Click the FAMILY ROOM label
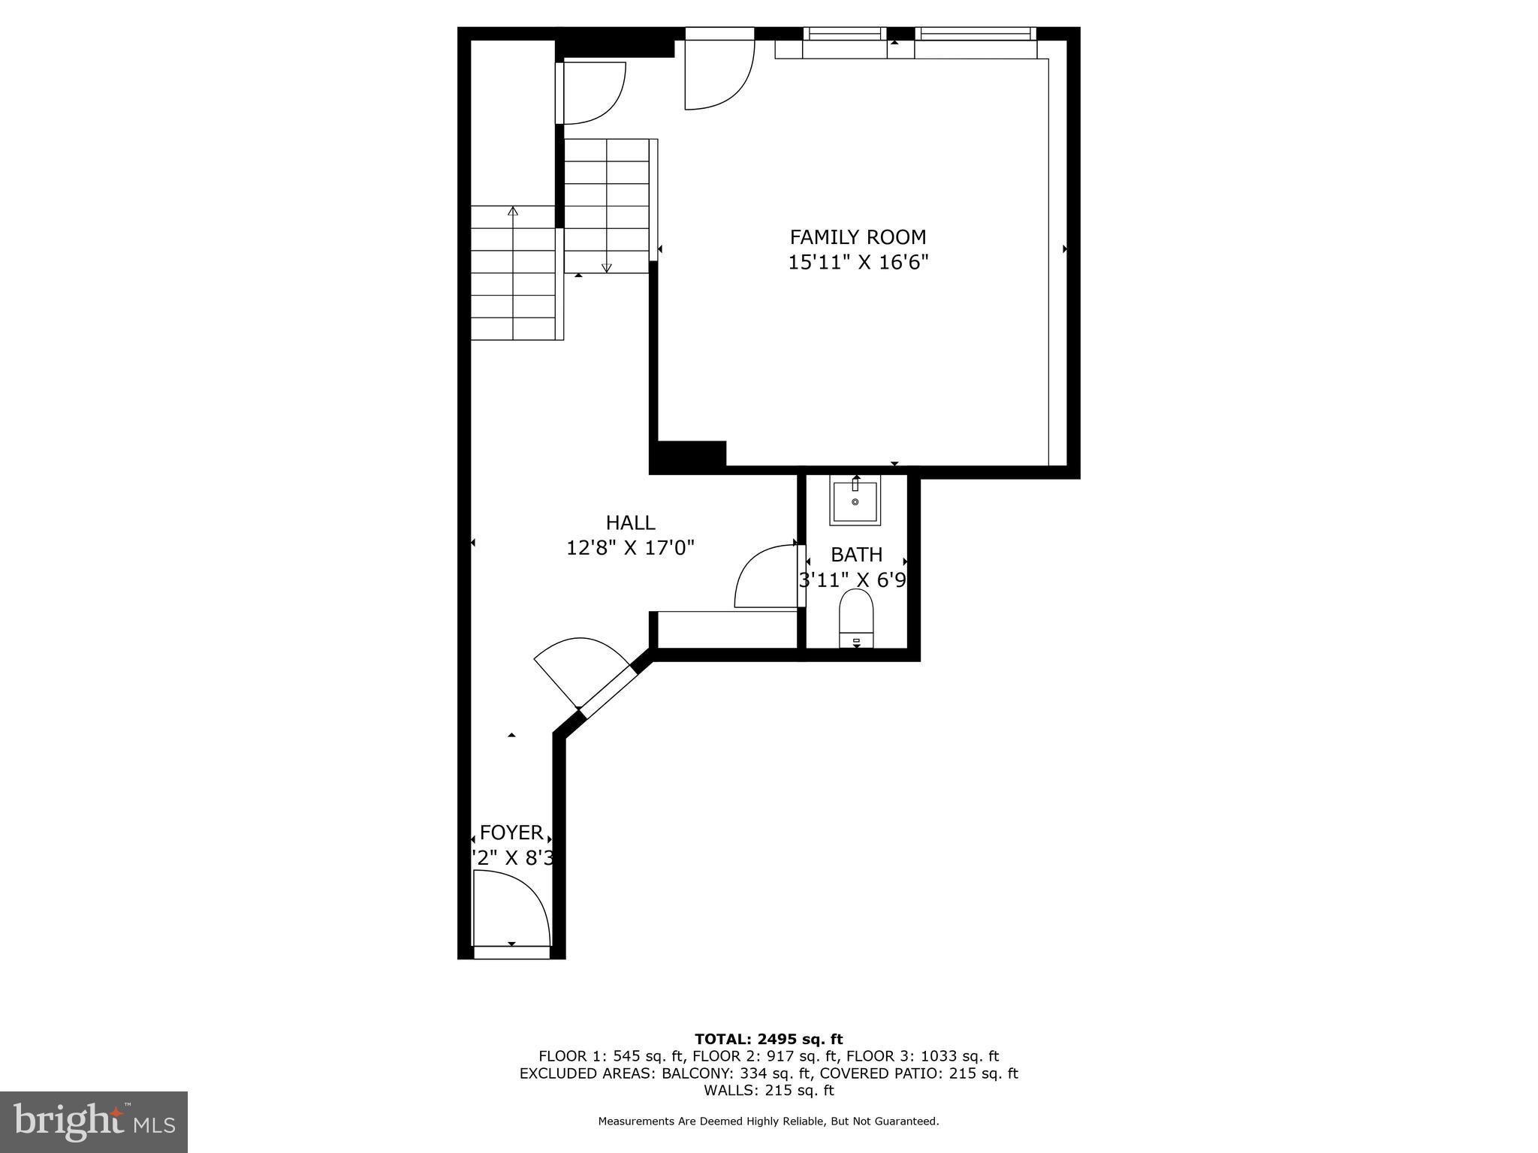[858, 237]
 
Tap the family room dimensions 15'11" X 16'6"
[858, 263]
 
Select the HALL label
[630, 522]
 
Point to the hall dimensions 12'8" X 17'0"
[630, 548]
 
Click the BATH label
[856, 555]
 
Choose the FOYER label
[511, 832]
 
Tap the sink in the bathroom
[855, 501]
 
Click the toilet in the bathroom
[856, 616]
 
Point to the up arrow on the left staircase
[513, 212]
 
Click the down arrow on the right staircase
[607, 266]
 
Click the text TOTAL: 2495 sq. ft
[768, 1040]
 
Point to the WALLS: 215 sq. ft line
[768, 1091]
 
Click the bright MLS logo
[94, 1121]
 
